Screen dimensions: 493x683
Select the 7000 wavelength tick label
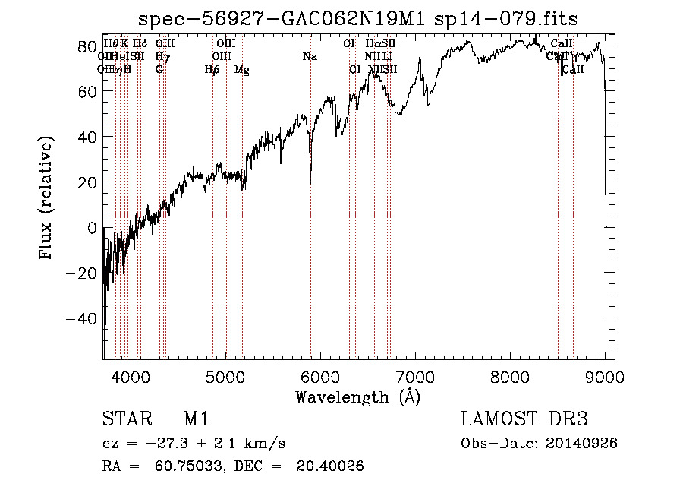click(415, 376)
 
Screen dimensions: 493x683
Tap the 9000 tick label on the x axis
click(605, 376)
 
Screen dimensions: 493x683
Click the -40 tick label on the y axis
click(80, 319)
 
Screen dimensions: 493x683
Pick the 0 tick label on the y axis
click(91, 228)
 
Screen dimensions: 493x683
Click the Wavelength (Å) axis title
click(357, 397)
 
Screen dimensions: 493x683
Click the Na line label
click(310, 57)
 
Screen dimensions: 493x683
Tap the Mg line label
click(242, 70)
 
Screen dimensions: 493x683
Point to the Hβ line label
click(212, 70)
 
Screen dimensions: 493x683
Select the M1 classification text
click(196, 419)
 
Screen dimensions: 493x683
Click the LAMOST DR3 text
click(524, 419)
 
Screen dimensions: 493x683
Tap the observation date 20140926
click(580, 444)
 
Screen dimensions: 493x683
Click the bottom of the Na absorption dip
click(310, 183)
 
